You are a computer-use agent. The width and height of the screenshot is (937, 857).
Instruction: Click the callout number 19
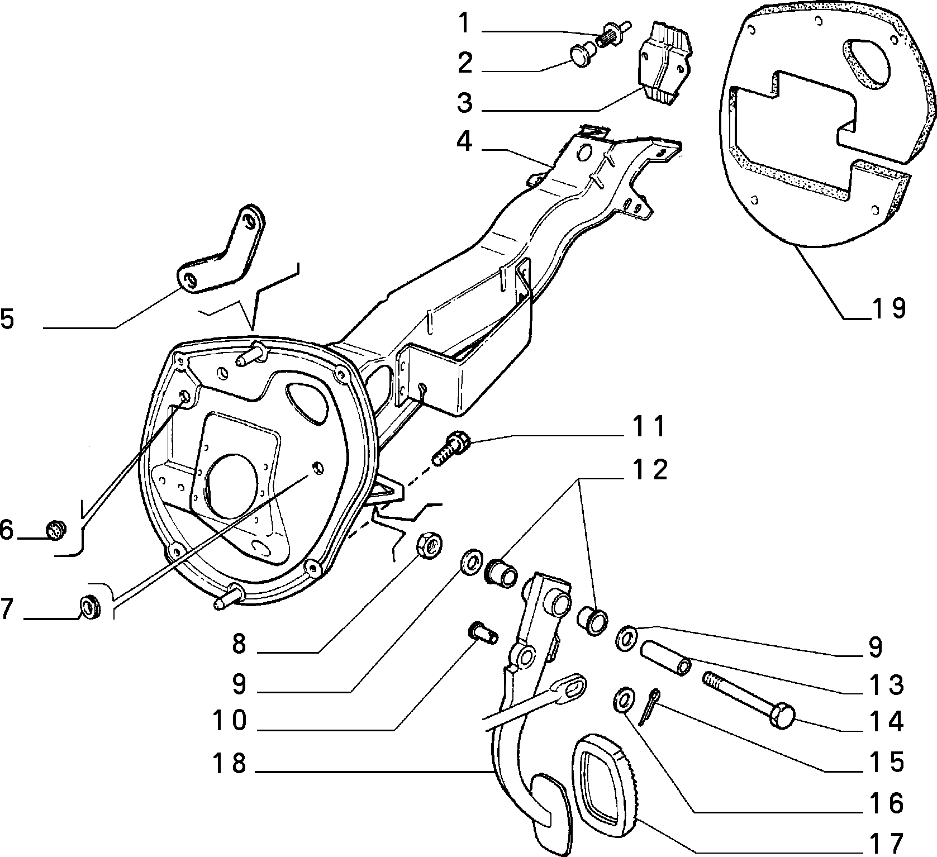(888, 308)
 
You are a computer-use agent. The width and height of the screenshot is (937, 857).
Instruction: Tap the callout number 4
(464, 142)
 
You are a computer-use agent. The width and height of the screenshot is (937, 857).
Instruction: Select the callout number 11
(649, 427)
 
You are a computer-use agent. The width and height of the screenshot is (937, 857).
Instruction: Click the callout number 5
(8, 320)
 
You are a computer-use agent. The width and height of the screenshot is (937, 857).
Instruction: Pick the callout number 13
(888, 685)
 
